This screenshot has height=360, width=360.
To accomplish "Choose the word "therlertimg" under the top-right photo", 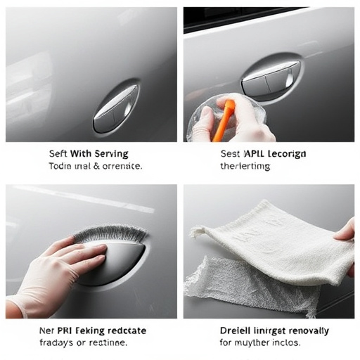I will click(x=244, y=167).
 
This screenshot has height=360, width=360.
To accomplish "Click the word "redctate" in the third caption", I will click(x=127, y=329).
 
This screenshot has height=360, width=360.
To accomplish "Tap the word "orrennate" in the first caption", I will click(x=117, y=167).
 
